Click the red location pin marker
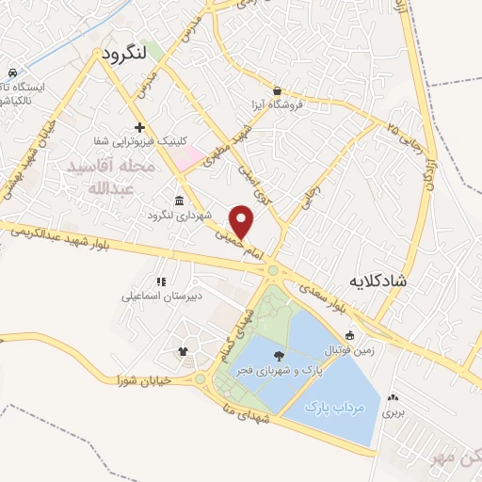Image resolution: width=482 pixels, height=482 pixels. point(243,221)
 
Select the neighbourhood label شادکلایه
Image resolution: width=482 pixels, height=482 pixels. point(388,281)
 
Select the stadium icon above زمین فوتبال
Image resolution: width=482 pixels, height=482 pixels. point(350,336)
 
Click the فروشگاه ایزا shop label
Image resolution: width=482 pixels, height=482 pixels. point(277,104)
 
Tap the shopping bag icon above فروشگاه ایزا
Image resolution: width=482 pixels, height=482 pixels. point(277,90)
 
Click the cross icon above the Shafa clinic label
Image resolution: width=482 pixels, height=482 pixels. point(140,127)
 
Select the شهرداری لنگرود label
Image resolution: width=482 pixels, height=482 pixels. point(177,216)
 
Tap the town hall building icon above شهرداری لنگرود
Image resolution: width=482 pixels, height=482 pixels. point(179,201)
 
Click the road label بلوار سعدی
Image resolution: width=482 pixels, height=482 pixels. point(326,293)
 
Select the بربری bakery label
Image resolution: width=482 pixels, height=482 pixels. point(393,411)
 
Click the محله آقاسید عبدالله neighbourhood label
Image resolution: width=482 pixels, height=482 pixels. point(111,175)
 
